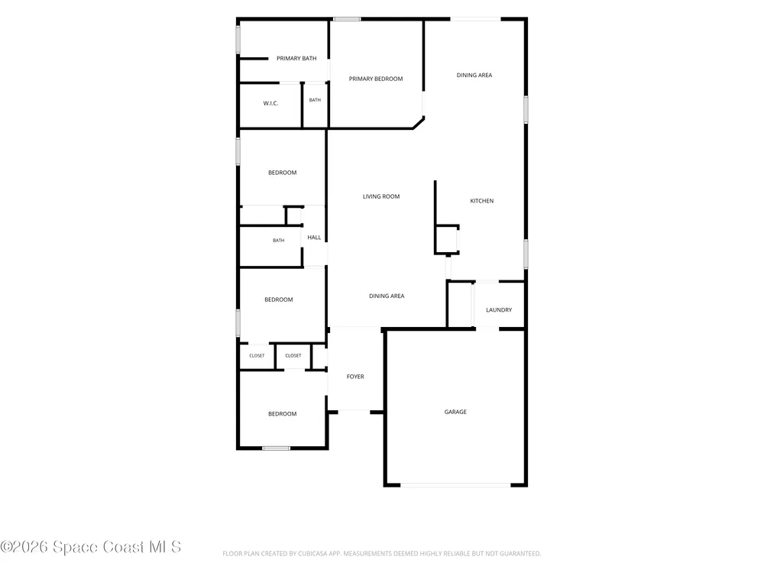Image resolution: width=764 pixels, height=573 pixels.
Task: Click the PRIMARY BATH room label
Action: (x=296, y=59)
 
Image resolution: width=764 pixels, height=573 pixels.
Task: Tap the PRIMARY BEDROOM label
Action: (x=376, y=79)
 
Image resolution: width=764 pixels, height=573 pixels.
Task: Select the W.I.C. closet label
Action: (x=270, y=103)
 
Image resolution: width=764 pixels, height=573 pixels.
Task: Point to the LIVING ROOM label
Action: (x=381, y=196)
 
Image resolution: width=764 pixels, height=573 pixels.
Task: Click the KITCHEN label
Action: (x=481, y=201)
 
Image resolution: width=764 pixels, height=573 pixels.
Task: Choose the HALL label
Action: (x=314, y=238)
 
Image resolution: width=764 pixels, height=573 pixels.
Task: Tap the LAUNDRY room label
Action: (x=499, y=310)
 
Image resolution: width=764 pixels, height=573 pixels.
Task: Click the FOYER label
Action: (x=355, y=377)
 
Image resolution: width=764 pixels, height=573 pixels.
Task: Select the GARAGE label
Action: (x=455, y=412)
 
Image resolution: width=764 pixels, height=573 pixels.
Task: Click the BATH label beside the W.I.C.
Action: (x=315, y=100)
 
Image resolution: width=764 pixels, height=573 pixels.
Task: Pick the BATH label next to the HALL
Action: (x=278, y=240)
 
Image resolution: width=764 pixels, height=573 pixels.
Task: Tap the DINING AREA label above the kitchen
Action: (x=474, y=75)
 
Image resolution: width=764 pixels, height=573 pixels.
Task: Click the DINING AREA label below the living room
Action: (x=387, y=296)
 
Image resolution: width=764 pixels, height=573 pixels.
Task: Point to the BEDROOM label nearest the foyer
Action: (x=282, y=413)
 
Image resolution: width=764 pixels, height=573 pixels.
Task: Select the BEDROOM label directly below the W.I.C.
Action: (x=282, y=173)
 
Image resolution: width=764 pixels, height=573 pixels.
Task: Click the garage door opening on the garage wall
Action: (x=455, y=485)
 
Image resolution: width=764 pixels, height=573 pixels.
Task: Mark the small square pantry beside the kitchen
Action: (x=447, y=240)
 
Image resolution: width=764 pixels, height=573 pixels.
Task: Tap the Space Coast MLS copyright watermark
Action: (x=91, y=547)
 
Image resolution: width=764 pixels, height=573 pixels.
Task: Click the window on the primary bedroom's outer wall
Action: (x=347, y=19)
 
